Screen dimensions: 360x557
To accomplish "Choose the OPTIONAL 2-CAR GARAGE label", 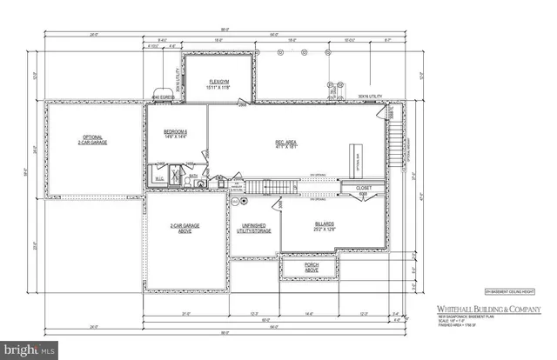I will (94, 141).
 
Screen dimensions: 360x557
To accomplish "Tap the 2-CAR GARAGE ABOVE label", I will (185, 229).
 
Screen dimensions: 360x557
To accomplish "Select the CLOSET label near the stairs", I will (363, 190).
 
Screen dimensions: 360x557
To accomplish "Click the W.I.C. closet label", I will (159, 179).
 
